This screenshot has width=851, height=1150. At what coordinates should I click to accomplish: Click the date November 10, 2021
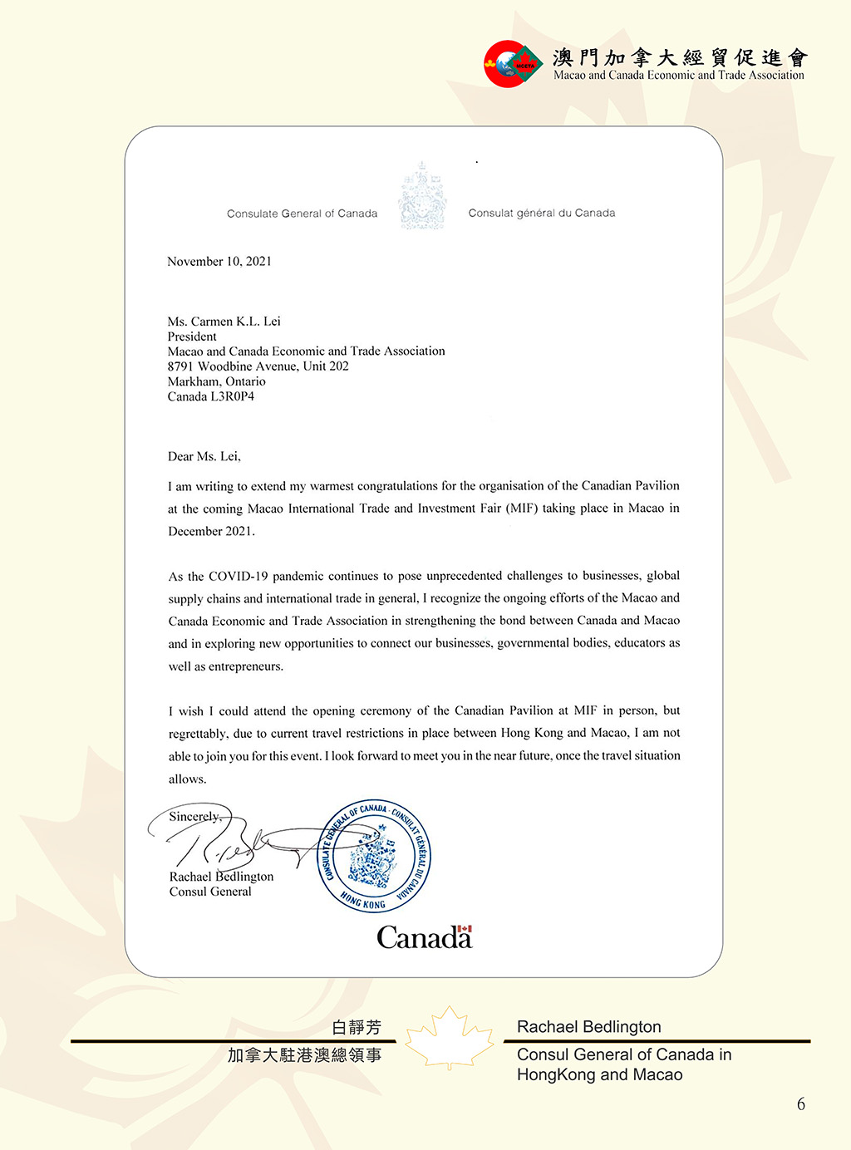[219, 261]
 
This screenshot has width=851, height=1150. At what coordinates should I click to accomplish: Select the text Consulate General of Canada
[302, 214]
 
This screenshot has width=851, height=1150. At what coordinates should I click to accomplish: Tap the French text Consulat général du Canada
[542, 213]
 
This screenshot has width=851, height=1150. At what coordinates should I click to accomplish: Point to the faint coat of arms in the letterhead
[422, 197]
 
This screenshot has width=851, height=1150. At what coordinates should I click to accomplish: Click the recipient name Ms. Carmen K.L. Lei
[224, 321]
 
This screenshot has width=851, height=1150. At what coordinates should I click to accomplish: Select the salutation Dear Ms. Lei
[204, 456]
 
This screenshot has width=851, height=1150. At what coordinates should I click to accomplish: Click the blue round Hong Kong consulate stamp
[374, 856]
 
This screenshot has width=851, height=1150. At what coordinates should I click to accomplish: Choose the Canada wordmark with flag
[424, 937]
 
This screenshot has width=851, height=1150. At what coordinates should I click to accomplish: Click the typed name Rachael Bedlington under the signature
[221, 877]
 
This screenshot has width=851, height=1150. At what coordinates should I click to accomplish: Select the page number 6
[801, 1104]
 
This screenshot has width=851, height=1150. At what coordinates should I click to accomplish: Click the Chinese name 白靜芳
[357, 1028]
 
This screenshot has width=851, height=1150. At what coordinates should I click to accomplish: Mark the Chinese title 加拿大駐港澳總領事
[305, 1055]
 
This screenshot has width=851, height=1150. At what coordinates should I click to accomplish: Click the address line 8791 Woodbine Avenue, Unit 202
[258, 366]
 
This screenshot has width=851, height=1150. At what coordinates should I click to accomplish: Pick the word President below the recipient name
[192, 337]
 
